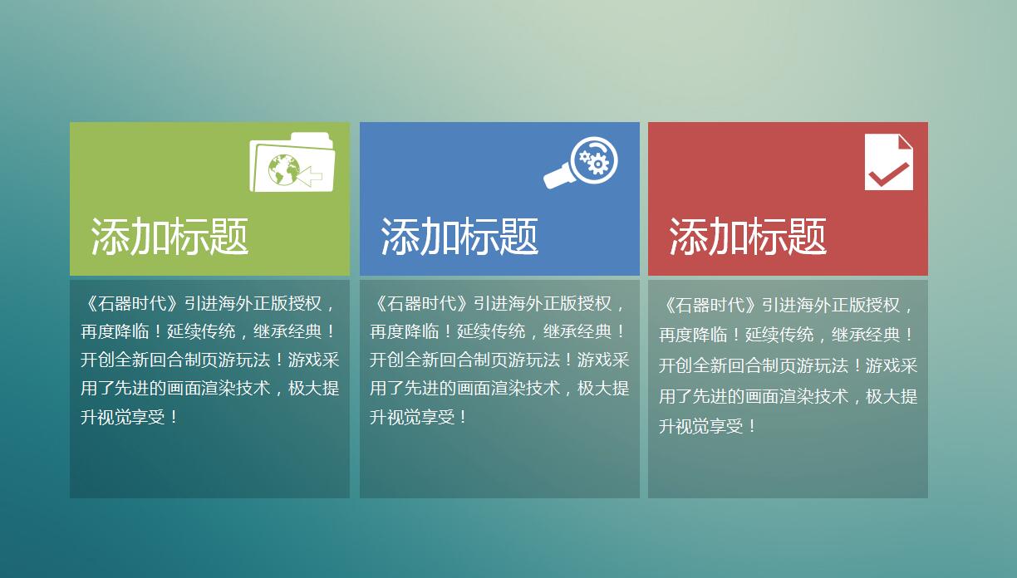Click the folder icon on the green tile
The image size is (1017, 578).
292,163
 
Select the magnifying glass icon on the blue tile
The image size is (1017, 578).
582,162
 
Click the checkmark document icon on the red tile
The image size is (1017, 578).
888,162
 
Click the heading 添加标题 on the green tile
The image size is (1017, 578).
169,237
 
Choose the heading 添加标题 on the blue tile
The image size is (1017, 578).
459,237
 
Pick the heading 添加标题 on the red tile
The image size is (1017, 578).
748,237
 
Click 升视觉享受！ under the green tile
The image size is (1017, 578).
130,417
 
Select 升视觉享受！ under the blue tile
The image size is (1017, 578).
419,417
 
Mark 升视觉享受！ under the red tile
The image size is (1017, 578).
708,426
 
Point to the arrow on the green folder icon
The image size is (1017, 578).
310,175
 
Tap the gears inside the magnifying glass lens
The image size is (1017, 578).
594,159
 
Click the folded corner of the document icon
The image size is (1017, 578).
905,142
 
